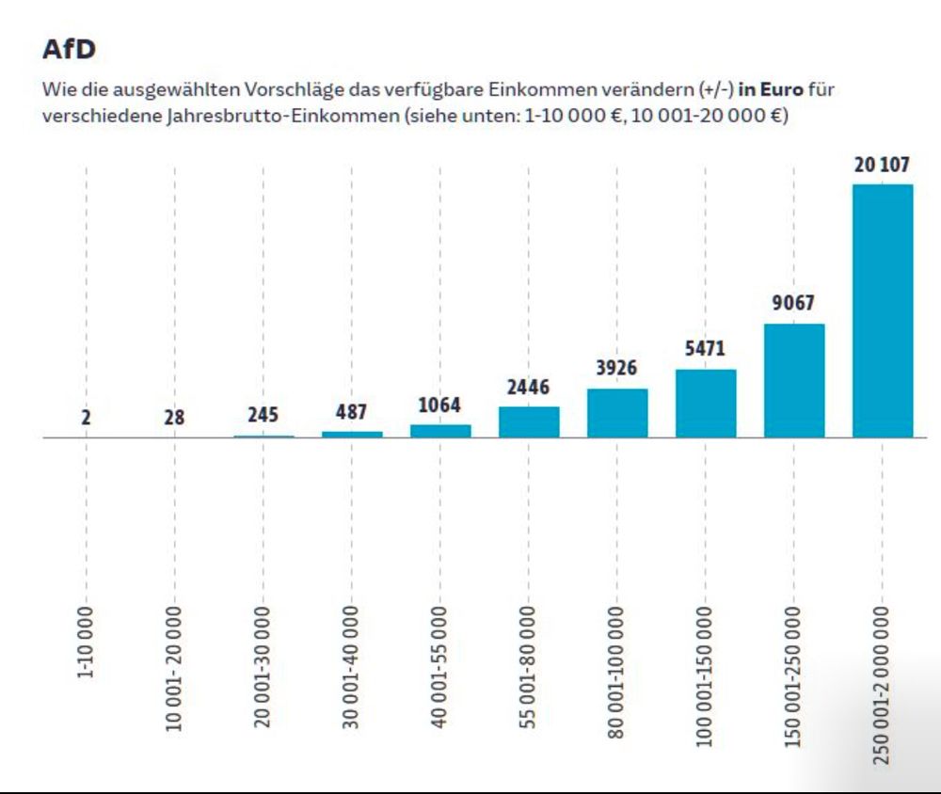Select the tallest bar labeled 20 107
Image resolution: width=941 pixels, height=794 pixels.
point(882,310)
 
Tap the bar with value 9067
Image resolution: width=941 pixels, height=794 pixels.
point(793,381)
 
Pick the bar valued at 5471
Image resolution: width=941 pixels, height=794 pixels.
point(706,404)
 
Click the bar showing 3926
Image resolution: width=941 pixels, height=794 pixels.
point(617,413)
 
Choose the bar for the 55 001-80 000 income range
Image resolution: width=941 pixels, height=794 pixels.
point(529,422)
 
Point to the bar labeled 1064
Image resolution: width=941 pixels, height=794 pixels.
point(440,431)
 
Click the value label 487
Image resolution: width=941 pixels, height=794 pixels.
point(351,413)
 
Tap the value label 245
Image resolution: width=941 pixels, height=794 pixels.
point(263,415)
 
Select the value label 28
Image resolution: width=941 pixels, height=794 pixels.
point(174,417)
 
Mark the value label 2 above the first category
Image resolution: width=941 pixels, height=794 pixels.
point(86,417)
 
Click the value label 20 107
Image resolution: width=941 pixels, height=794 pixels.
point(882,166)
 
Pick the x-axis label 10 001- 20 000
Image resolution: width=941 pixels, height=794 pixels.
point(175,668)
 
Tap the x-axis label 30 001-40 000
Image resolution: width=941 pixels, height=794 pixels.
point(352,668)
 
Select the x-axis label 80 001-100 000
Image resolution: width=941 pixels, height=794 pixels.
point(617,673)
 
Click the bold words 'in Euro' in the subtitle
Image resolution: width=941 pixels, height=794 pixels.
point(772,90)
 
